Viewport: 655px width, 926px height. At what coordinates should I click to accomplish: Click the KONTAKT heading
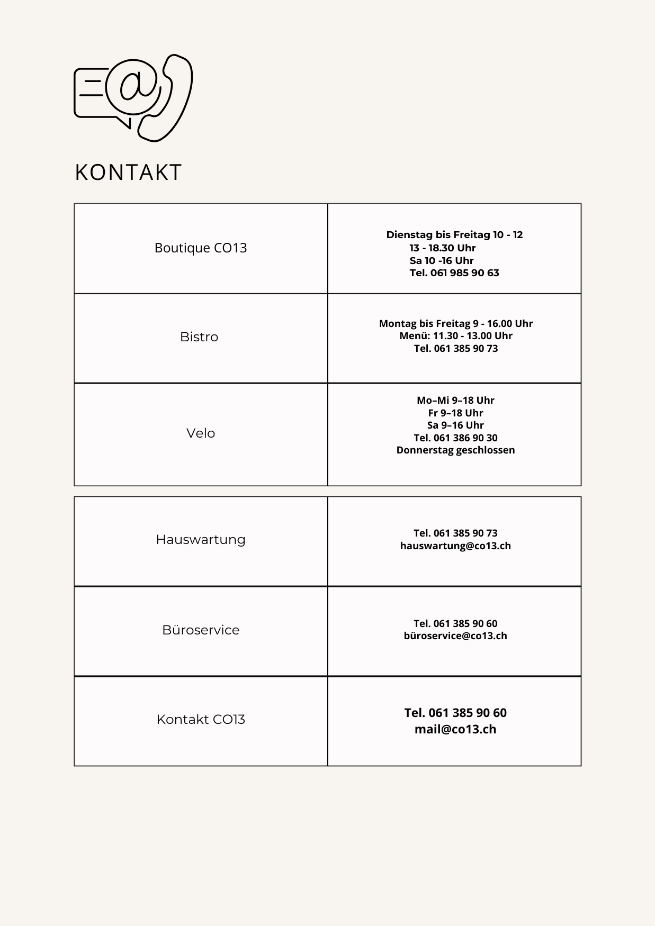coord(128,173)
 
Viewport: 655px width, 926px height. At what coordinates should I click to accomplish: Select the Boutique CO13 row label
coord(201,248)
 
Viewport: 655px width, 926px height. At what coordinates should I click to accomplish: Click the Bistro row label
coord(199,337)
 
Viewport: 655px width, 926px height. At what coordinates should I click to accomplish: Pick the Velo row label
coord(201,433)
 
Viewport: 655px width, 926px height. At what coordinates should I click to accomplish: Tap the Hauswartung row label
coord(201,539)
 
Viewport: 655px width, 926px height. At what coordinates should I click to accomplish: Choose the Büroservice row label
coord(201,630)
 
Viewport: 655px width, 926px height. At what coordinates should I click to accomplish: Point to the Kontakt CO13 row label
coord(201,719)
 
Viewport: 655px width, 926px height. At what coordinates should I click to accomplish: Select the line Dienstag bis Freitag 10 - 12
coord(454,235)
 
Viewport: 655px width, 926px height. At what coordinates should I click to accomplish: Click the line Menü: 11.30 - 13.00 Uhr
coord(456,335)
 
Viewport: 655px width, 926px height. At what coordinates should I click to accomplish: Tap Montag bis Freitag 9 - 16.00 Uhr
coord(456,323)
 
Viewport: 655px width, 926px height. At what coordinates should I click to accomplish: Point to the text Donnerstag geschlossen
coord(455,450)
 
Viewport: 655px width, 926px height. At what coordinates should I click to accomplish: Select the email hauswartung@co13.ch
coord(455,546)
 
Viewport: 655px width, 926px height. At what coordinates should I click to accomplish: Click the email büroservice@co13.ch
coord(455,636)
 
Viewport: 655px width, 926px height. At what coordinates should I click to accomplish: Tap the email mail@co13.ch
coord(455,729)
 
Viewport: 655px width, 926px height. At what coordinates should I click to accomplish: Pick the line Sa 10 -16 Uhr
coord(442,260)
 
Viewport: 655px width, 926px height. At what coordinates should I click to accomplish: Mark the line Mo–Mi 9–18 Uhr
coord(455,400)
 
